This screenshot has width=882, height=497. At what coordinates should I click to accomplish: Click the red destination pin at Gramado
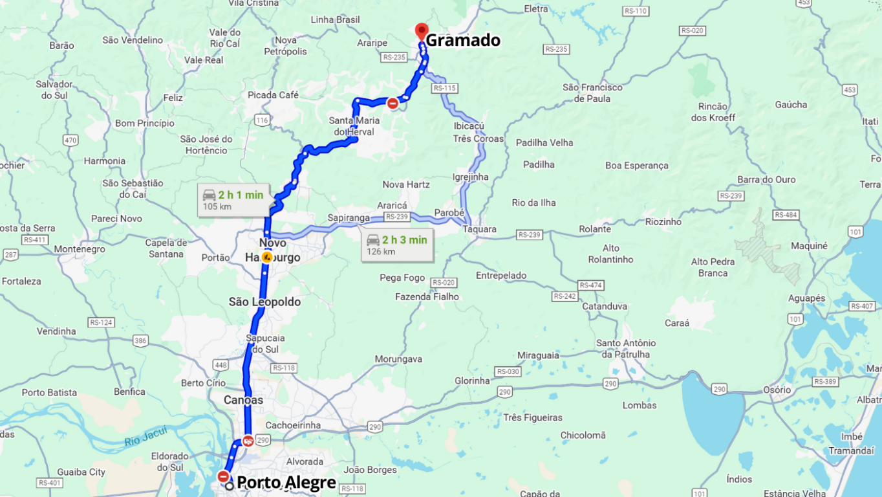(422, 31)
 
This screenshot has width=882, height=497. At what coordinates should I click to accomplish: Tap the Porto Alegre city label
(286, 482)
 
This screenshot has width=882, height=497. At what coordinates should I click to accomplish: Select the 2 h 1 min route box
(233, 200)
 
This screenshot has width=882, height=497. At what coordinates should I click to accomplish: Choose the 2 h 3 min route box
(397, 245)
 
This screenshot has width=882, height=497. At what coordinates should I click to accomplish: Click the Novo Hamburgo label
(273, 250)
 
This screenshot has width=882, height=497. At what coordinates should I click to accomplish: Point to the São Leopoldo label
(264, 302)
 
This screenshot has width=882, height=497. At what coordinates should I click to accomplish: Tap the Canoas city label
(244, 400)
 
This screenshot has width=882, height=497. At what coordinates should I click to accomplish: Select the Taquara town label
(480, 229)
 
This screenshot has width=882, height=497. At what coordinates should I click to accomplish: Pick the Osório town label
(777, 390)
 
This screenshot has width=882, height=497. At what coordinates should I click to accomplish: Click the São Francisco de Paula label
(592, 93)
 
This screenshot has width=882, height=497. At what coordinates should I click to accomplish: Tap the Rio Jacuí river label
(145, 436)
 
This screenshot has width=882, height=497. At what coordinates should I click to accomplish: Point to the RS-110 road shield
(636, 11)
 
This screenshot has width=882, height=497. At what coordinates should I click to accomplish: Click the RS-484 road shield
(786, 215)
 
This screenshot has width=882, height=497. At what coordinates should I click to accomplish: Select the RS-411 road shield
(35, 239)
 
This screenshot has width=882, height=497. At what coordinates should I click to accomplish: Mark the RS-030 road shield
(508, 371)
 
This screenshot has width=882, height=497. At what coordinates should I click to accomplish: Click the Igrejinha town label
(471, 177)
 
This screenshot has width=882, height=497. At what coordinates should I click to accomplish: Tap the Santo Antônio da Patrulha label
(626, 349)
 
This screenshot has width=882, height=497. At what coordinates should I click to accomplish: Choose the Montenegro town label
(80, 249)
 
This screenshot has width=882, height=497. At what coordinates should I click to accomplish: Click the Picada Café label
(273, 95)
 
